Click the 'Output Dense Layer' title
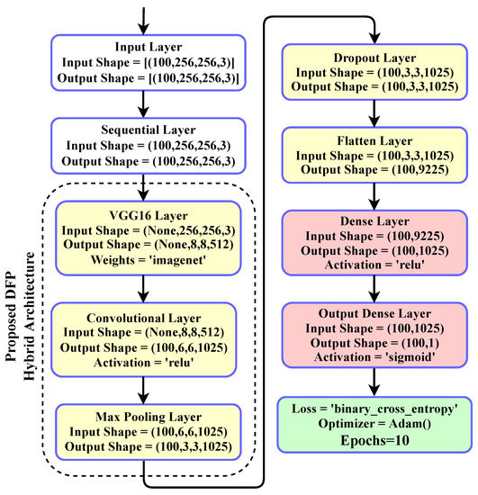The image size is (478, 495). tap(374, 314)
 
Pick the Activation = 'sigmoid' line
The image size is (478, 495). tap(374, 357)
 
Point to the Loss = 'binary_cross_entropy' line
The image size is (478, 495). tap(374, 409)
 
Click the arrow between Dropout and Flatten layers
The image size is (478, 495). tap(374, 112)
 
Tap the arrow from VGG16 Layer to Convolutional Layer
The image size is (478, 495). tap(144, 287)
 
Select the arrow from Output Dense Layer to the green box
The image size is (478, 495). tap(374, 382)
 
